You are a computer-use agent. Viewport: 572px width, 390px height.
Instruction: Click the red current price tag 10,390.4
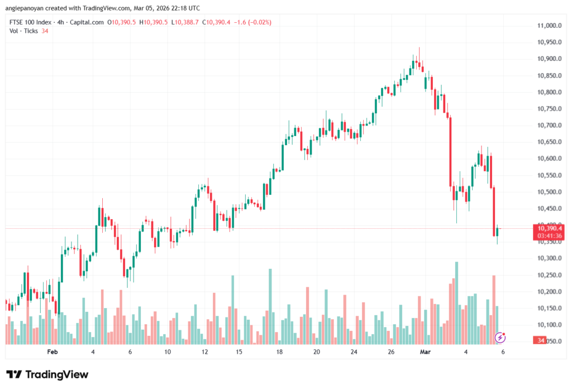click(549, 228)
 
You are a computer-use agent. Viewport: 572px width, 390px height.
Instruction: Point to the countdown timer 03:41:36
click(549, 236)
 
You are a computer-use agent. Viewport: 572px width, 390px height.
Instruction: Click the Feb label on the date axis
click(53, 352)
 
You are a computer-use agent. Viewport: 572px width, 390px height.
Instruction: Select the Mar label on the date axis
click(426, 352)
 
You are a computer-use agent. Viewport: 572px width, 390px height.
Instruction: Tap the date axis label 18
click(279, 352)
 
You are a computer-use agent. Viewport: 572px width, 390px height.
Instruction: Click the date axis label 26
click(392, 352)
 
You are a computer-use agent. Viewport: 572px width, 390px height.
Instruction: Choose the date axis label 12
click(205, 352)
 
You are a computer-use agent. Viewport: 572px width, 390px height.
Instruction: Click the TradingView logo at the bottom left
click(47, 374)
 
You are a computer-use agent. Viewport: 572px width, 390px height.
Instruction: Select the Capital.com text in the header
click(89, 22)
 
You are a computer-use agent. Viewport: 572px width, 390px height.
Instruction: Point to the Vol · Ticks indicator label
click(23, 31)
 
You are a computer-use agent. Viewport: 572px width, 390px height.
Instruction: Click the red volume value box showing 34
click(540, 340)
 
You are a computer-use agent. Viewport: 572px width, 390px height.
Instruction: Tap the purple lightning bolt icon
click(500, 337)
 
